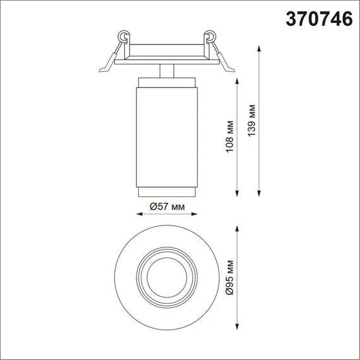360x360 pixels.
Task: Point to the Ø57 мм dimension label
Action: click(167, 207)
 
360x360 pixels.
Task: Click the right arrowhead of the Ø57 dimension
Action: click(197, 214)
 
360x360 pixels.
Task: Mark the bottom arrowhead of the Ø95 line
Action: click(237, 328)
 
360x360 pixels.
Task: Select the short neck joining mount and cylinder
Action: click(167, 70)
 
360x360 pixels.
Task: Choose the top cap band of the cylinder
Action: click(167, 82)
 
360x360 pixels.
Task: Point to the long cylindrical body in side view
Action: click(167, 136)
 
